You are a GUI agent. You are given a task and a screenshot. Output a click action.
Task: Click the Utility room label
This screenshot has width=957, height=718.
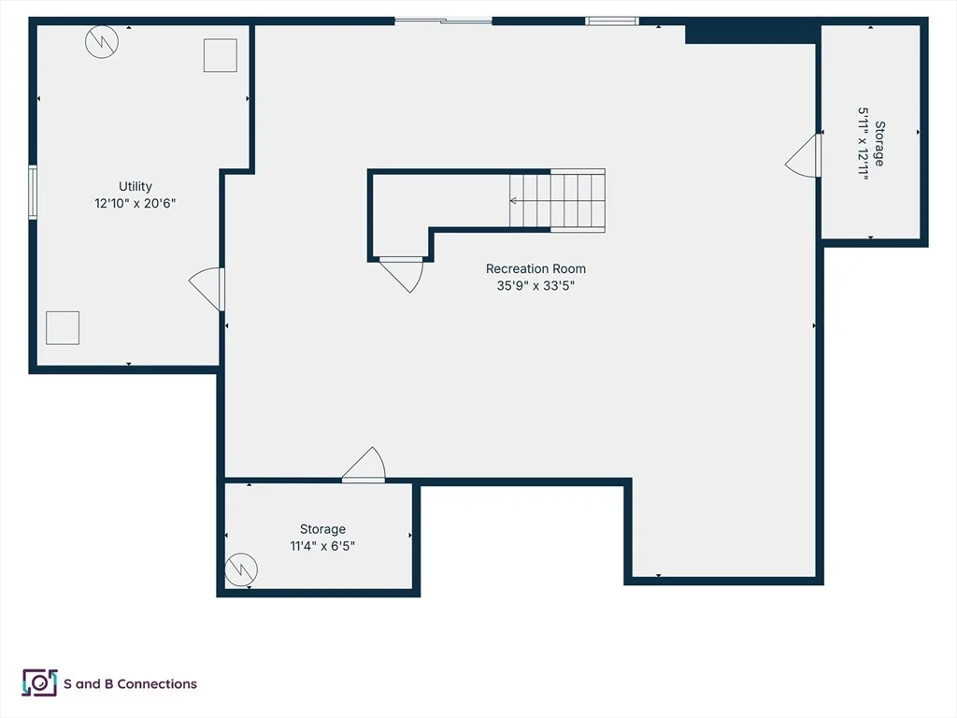click(135, 186)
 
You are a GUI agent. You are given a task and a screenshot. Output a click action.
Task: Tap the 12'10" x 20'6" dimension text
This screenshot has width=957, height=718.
click(135, 203)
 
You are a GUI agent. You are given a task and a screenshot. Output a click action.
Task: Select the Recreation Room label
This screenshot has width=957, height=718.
click(536, 268)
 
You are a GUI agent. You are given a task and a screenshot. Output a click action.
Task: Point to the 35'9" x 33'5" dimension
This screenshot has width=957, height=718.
click(536, 285)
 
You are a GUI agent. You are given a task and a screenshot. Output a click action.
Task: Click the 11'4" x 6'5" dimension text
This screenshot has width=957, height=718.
click(322, 546)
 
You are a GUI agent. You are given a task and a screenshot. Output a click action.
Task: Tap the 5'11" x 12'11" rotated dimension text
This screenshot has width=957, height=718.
click(863, 142)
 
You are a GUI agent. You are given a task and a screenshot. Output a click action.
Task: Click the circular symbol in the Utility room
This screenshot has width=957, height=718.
click(102, 41)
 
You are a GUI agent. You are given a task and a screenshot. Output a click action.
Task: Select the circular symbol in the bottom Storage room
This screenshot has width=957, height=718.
click(241, 569)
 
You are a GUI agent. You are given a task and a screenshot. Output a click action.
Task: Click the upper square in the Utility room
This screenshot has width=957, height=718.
click(221, 55)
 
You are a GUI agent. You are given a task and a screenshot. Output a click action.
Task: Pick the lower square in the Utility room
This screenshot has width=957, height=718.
click(63, 328)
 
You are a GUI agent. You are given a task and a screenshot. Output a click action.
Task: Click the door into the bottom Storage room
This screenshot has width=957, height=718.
click(364, 465)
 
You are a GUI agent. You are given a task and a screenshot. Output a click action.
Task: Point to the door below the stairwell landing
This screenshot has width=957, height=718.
click(402, 275)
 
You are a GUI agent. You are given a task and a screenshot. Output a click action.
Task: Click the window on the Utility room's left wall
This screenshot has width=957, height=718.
click(33, 192)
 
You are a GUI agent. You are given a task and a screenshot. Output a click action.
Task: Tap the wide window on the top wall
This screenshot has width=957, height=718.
click(443, 22)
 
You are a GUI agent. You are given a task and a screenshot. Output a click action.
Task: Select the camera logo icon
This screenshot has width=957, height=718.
click(39, 682)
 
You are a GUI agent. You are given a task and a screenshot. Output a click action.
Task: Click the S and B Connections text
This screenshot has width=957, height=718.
click(130, 683)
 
